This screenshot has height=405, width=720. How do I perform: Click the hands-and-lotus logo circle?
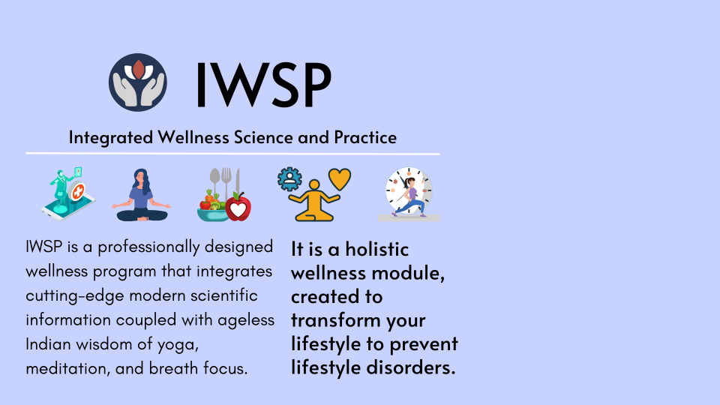point(138,82)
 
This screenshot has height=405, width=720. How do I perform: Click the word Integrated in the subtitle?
point(111,138)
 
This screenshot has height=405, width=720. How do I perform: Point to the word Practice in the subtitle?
point(365,137)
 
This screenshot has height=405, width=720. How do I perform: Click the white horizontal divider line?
point(232,153)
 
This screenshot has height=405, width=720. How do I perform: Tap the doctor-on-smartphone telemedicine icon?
point(68,193)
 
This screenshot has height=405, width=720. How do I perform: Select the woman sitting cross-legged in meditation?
point(141,195)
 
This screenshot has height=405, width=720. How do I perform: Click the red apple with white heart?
point(238,207)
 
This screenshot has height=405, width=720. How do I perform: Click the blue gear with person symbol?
point(289,179)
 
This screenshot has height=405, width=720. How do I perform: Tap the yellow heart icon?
point(340,179)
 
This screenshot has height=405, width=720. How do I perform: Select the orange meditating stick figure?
point(314,201)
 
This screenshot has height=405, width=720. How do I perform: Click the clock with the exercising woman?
point(409,194)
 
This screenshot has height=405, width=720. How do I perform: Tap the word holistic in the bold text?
point(377,249)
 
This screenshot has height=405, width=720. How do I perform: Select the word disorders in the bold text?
point(411,367)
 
